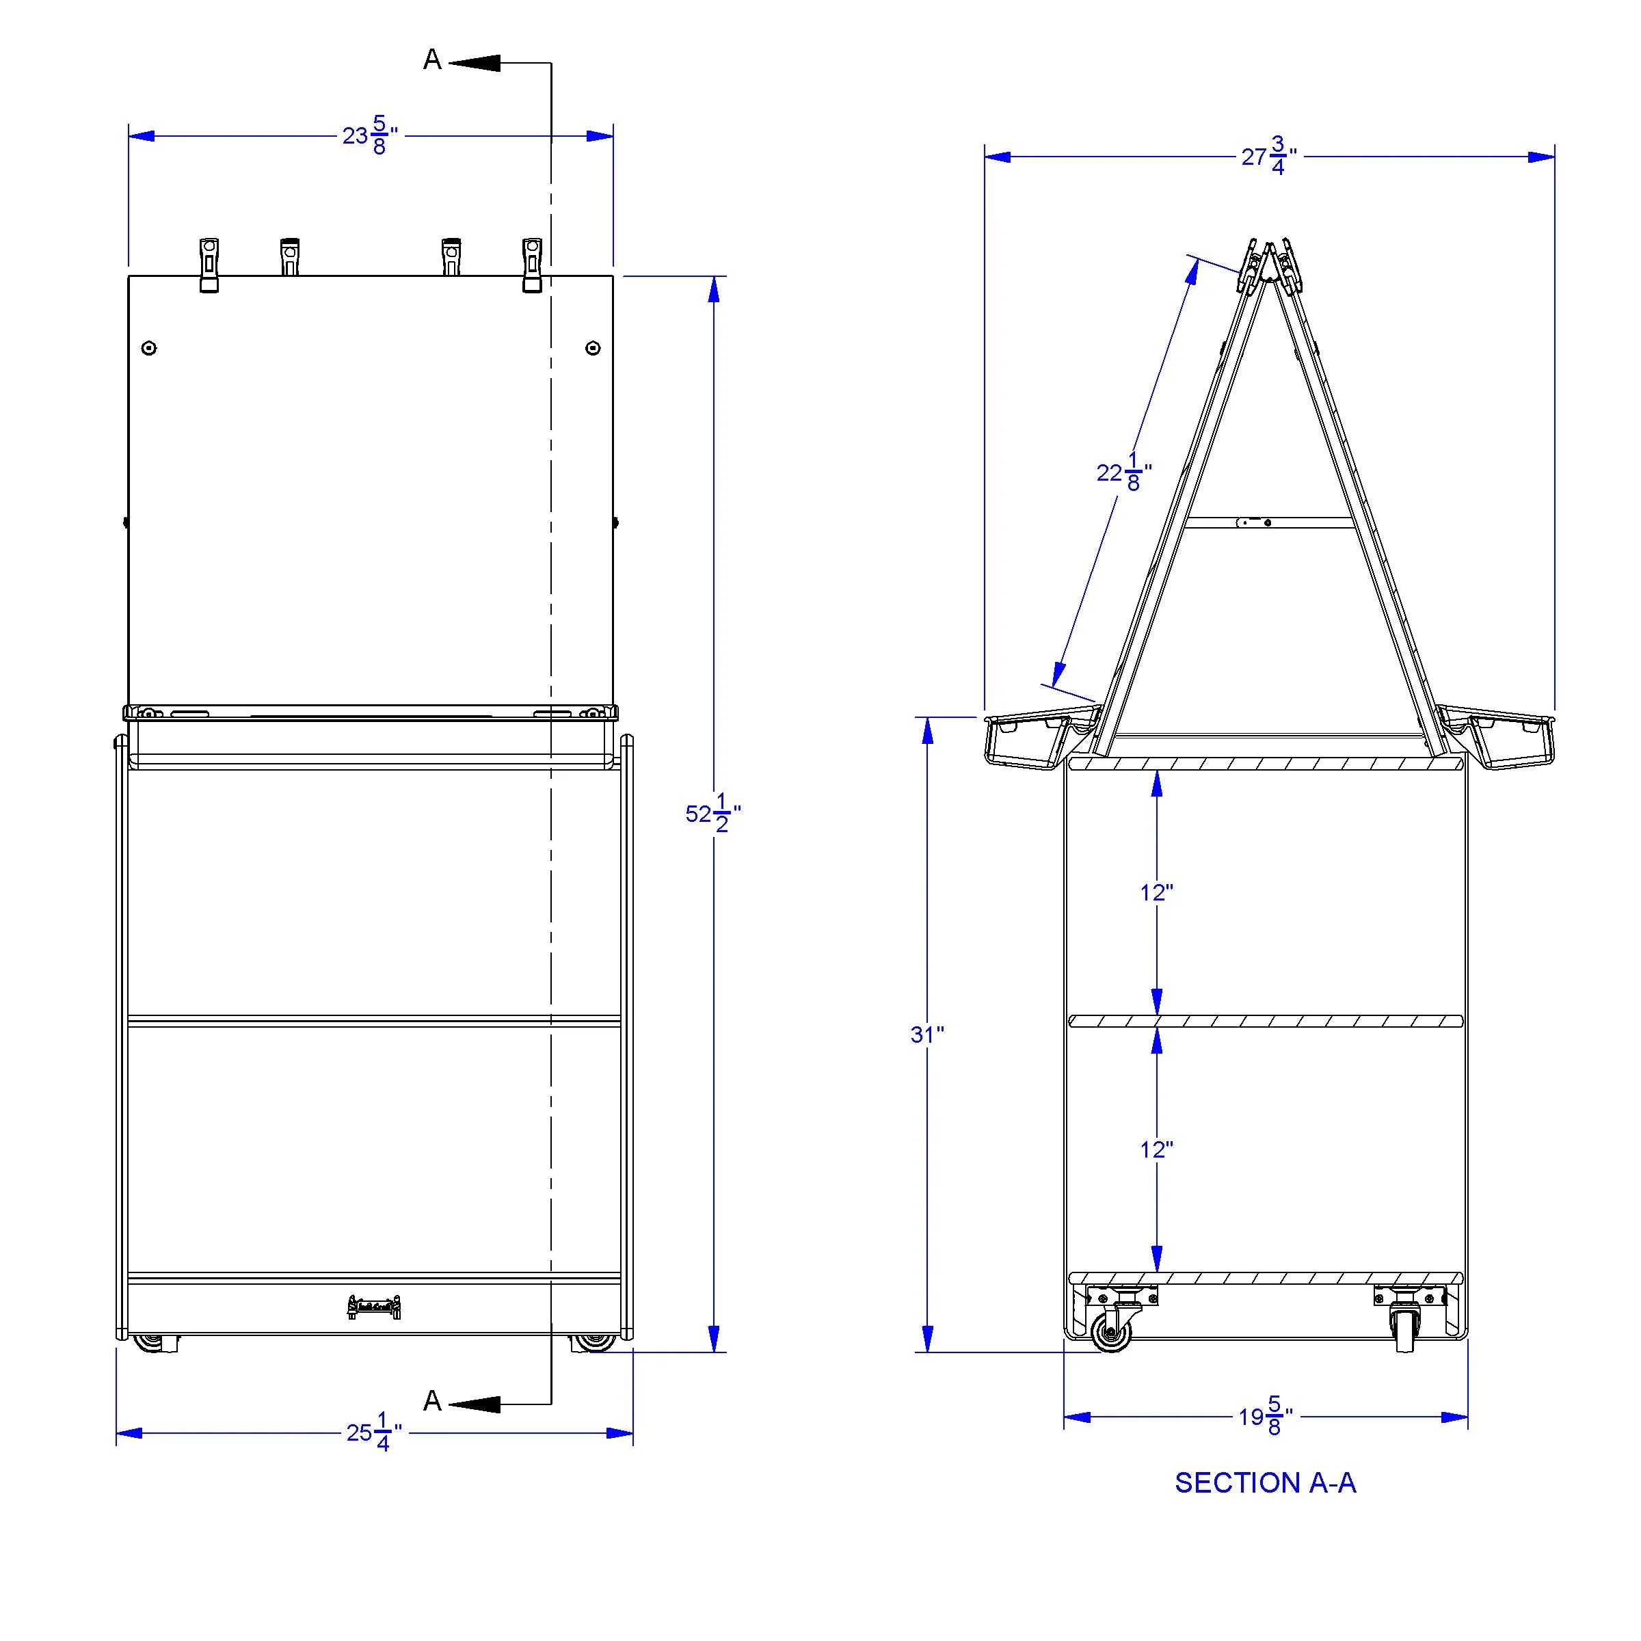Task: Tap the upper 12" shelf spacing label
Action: [1157, 893]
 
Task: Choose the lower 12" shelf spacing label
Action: [1157, 1149]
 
